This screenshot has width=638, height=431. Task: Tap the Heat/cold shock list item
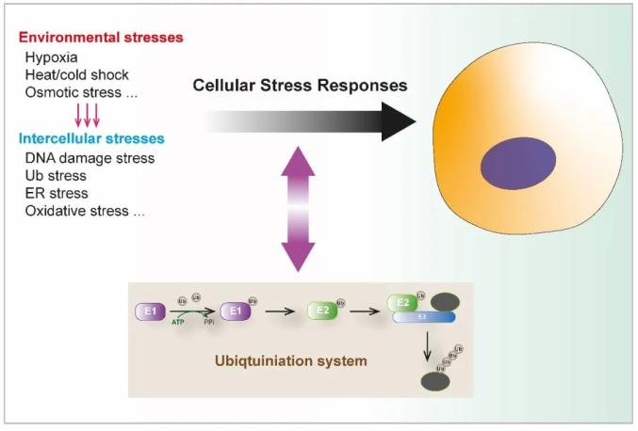(77, 75)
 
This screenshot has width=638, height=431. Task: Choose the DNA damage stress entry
(90, 158)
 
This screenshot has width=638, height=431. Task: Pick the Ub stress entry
(56, 175)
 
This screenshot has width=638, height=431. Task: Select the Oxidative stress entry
(85, 211)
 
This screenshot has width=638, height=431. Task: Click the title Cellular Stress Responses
(300, 86)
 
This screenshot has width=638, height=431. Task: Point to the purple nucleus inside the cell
(519, 161)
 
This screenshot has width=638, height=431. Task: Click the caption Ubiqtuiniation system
(290, 359)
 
